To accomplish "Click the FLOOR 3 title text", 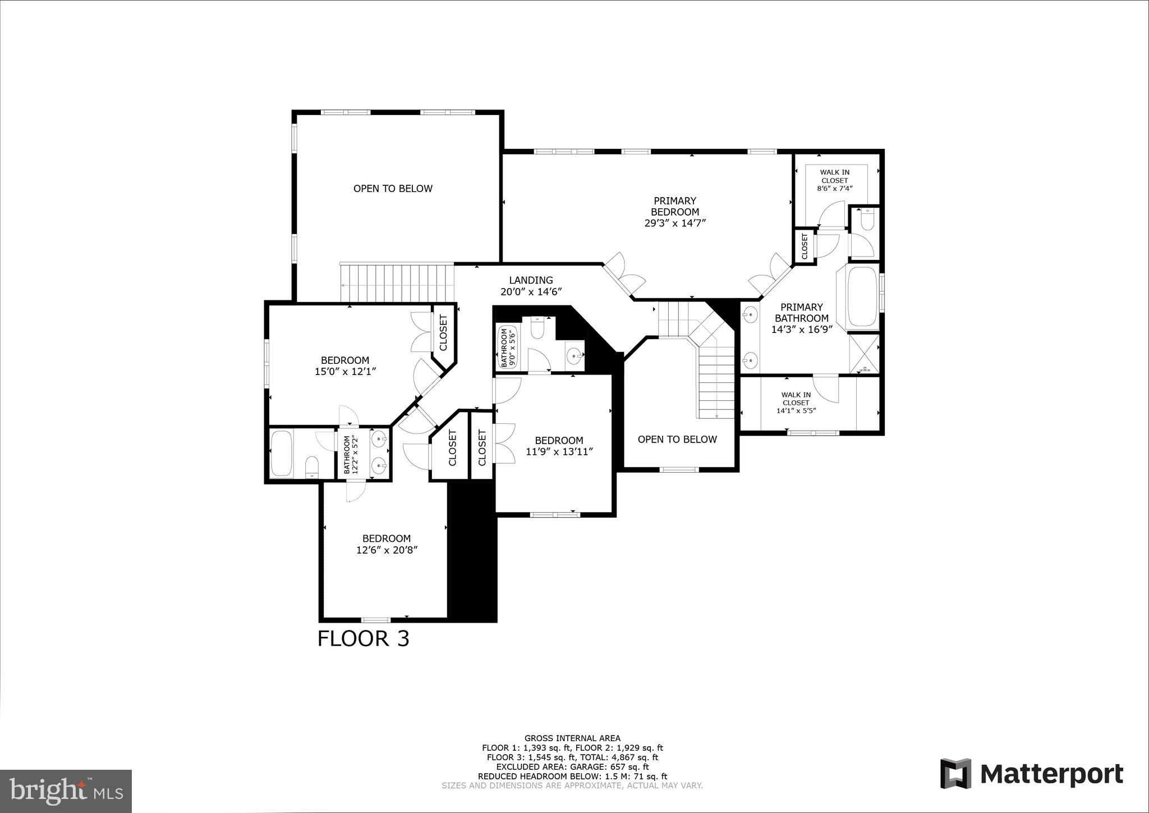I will [x=364, y=639].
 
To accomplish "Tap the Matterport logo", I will [x=1031, y=774].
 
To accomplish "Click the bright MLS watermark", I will [x=66, y=791].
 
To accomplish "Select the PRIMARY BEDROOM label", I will [x=674, y=212].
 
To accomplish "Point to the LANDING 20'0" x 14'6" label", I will [x=531, y=286].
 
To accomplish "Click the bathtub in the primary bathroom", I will [x=862, y=298].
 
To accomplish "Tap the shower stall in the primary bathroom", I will [x=863, y=353].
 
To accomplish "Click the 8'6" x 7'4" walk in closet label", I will [x=834, y=180].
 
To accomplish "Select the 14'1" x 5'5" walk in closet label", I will [x=796, y=403].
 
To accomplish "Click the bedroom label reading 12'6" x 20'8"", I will [x=387, y=544].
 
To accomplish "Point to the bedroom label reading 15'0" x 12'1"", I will [x=344, y=366].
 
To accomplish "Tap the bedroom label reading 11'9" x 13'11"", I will [x=559, y=446].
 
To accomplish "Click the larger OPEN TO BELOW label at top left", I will [x=393, y=189].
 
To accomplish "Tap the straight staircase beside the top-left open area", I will [x=397, y=283].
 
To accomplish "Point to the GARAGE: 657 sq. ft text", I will [x=572, y=766].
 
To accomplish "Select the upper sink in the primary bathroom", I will [x=750, y=315].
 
